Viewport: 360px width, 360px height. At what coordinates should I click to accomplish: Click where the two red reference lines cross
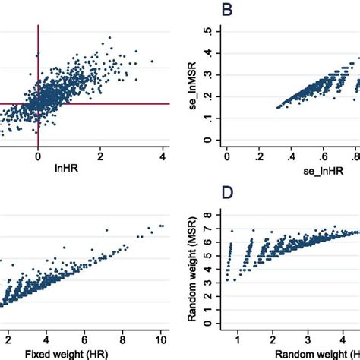point(38,103)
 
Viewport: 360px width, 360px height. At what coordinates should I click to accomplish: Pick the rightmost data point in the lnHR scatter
point(152,61)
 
